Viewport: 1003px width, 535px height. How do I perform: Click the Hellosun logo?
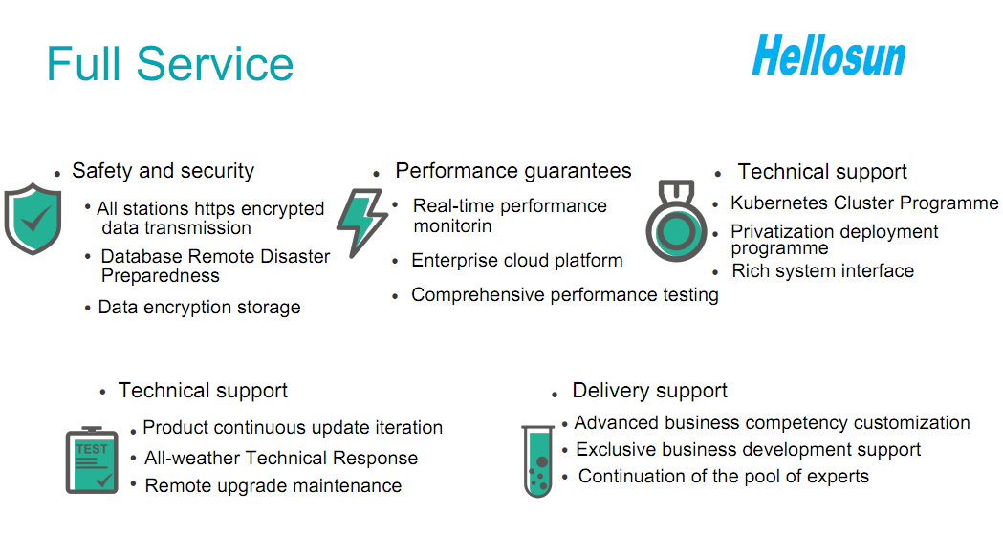coord(829,56)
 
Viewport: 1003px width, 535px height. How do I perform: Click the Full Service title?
coord(170,64)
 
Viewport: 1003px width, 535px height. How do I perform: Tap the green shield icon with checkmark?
coord(33,219)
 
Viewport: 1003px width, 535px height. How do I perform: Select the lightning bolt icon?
coord(362,223)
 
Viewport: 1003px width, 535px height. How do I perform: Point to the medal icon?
coord(676,221)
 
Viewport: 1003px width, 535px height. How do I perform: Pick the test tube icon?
coord(538,460)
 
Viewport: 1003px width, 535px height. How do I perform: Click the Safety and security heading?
coord(164,171)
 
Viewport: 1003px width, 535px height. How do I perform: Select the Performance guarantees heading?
coord(513,171)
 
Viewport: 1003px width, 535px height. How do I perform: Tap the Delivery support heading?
coord(650,390)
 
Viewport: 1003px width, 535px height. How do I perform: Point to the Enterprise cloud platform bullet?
coord(517,261)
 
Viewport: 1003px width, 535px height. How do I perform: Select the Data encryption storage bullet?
coord(199,308)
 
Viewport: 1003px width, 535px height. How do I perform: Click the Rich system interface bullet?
coord(822,271)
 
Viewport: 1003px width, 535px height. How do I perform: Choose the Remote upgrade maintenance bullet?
coord(273,485)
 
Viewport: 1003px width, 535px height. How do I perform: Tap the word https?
coord(215,209)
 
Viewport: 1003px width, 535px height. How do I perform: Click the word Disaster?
coord(293,256)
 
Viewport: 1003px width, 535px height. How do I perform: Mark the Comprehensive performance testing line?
coord(565,294)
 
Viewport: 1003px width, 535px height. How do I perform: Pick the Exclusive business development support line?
coord(749,449)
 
